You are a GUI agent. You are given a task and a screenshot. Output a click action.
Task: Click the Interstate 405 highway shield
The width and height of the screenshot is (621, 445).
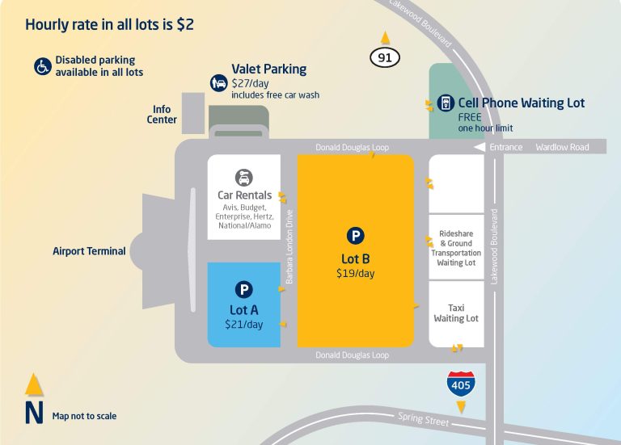(460, 384)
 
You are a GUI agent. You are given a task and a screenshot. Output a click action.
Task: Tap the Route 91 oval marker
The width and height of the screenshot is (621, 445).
(385, 57)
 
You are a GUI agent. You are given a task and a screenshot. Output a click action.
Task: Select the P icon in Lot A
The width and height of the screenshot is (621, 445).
(243, 289)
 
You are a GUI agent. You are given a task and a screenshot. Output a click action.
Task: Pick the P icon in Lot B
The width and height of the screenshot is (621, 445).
(355, 236)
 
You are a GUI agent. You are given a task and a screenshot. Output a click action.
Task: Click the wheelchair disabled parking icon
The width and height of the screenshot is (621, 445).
(43, 65)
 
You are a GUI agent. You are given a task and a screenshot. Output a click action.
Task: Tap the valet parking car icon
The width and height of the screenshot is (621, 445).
(218, 82)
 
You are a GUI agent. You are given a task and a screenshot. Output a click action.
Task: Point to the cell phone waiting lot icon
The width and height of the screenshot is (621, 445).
(444, 103)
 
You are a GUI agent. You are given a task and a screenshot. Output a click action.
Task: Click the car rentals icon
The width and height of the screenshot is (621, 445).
(243, 177)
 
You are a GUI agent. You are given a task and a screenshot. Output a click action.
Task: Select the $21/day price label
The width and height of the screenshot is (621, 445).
(243, 325)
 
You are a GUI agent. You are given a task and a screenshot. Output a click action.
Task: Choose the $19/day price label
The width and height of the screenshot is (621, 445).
(355, 273)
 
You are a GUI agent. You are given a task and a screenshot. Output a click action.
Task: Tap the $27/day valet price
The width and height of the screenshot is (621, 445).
(251, 83)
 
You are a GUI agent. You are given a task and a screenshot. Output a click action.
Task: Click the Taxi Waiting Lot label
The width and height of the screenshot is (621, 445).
(456, 313)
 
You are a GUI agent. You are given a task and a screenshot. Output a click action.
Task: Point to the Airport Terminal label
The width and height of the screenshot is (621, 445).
(89, 251)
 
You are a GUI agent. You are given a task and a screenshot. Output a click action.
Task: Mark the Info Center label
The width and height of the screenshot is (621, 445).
(162, 115)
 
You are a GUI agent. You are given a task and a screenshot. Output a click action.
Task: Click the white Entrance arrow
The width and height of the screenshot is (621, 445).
(479, 148)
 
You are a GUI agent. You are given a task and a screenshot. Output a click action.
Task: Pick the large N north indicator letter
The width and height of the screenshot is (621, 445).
(33, 413)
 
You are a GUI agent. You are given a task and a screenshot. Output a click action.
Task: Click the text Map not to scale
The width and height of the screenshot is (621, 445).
(84, 416)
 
